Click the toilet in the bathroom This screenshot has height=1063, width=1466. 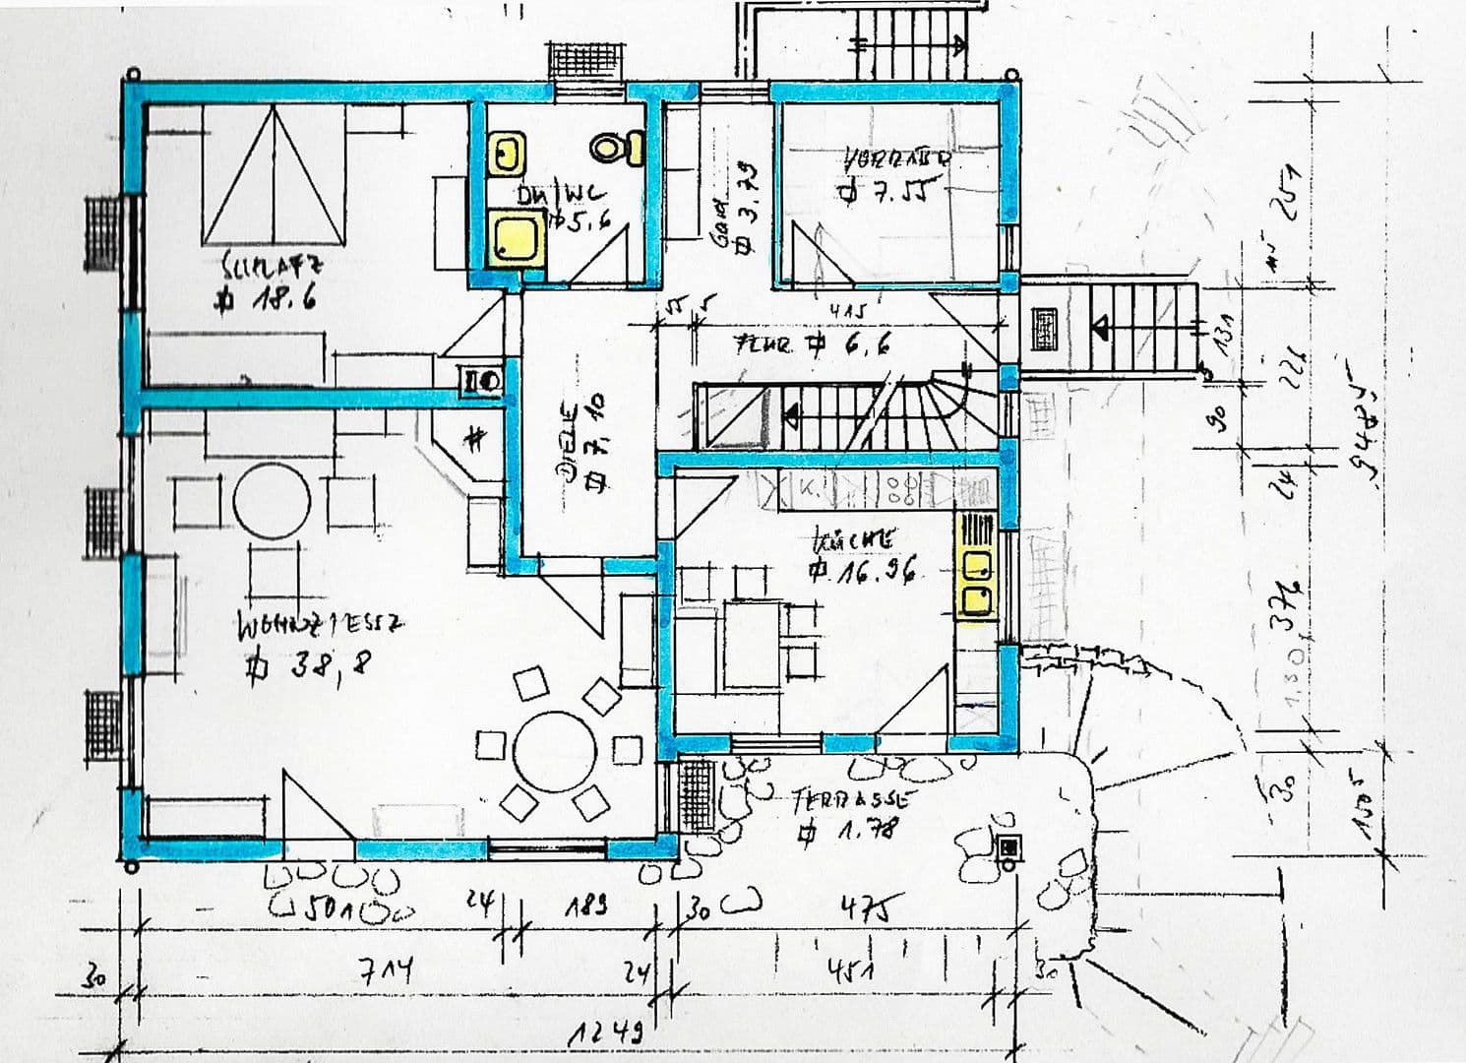(x=617, y=149)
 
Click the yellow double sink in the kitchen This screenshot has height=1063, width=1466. (x=976, y=581)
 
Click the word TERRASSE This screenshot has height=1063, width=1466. (x=850, y=798)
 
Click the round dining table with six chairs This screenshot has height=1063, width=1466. (x=554, y=751)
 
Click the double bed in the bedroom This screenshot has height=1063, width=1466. (x=274, y=177)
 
